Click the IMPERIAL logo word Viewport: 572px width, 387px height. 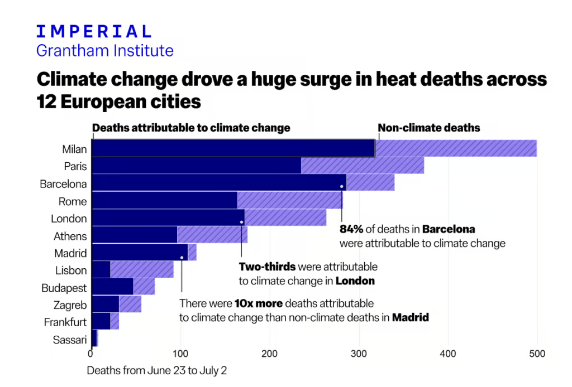pos(93,31)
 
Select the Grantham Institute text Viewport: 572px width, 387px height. pos(104,51)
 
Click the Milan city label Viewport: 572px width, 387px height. pos(74,149)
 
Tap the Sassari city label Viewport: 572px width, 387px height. pos(70,340)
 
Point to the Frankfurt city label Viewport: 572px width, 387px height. pos(65,322)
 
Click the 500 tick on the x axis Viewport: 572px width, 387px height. pos(537,354)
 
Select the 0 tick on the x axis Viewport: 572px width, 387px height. pos(91,354)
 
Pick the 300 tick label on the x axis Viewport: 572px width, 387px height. pos(359,354)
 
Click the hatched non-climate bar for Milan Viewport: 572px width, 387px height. pos(455,148)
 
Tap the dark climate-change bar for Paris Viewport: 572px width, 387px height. pos(196,166)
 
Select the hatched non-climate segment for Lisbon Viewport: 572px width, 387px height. pos(142,270)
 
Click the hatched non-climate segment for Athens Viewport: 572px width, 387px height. pos(212,235)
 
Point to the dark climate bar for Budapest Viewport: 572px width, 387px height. pos(112,287)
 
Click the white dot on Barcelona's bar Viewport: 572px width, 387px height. pos(341,186)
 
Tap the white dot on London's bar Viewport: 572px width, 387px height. pos(241,222)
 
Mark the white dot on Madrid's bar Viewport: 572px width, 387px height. pos(182,258)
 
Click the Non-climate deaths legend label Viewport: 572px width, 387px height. pos(428,128)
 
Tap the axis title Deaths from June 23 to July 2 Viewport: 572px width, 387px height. pos(156,370)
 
